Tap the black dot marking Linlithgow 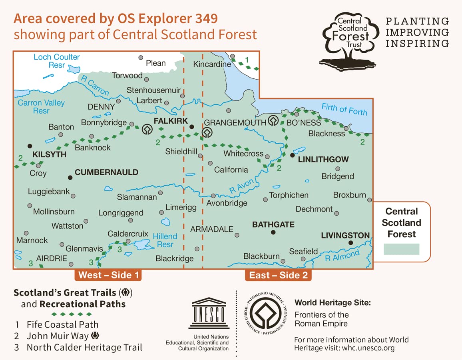293,155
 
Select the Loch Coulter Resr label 57,61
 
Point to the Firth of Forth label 344,109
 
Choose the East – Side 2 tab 278,275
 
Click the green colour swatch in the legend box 402,249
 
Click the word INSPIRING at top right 417,43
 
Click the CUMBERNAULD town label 106,172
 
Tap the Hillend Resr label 165,240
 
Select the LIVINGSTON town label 345,235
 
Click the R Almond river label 342,255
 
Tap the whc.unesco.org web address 368,348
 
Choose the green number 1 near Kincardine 247,60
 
